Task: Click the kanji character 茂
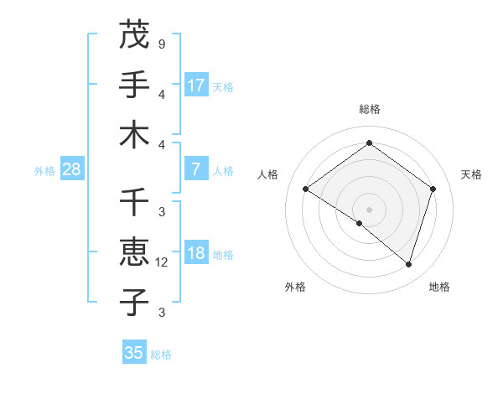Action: pos(134,35)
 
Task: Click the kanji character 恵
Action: pos(134,252)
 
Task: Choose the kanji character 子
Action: pos(134,302)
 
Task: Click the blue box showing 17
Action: pos(196,85)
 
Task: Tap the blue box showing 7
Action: pos(196,169)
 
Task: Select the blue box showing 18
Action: pos(196,254)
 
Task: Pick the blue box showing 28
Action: pos(72,169)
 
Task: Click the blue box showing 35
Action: pos(134,353)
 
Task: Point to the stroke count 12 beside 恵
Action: pos(162,262)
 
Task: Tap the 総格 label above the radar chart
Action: pos(369,109)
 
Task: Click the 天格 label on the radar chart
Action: pos(472,174)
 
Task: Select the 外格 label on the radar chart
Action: pos(295,287)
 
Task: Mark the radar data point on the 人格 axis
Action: pos(306,189)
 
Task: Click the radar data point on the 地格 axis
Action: pos(408,264)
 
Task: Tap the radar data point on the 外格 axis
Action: pos(360,224)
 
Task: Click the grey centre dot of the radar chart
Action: pos(369,209)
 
